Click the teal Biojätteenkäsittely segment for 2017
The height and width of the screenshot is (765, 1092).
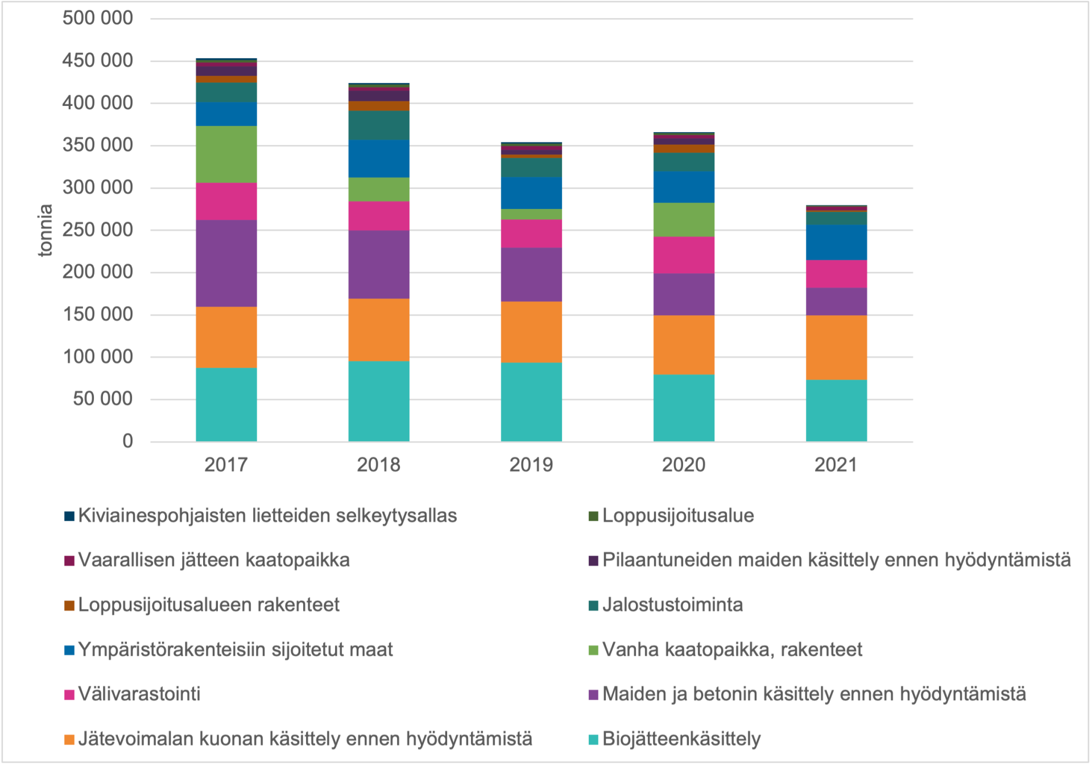[226, 404]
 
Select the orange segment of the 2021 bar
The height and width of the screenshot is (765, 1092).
[836, 347]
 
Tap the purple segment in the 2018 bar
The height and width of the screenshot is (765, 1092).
[379, 264]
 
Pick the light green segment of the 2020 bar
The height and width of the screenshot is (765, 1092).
[684, 220]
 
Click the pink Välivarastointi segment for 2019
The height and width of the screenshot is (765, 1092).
[531, 233]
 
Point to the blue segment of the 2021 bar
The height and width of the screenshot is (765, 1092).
[836, 242]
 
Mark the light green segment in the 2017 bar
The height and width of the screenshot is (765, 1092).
[226, 154]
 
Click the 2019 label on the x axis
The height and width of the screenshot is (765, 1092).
[531, 465]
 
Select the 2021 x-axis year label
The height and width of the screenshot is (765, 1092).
[836, 465]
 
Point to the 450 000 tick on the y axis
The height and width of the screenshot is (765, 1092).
[97, 60]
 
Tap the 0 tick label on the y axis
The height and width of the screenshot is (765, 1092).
[127, 441]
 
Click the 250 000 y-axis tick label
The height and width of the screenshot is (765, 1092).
[97, 230]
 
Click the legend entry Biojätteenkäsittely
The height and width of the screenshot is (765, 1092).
[681, 739]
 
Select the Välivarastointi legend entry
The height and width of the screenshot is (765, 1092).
[139, 694]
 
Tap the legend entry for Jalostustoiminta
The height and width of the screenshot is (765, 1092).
[672, 604]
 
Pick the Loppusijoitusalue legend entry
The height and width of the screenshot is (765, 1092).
[678, 516]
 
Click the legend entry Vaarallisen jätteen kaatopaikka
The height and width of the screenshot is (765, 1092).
[214, 560]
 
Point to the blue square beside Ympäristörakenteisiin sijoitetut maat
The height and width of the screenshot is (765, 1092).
[69, 650]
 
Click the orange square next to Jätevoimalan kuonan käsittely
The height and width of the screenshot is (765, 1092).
[69, 739]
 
